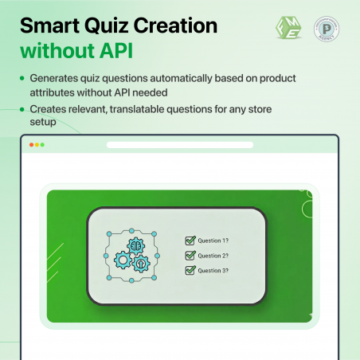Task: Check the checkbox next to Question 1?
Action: coord(190,241)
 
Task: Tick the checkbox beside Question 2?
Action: coord(190,256)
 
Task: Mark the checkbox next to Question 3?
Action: coord(190,271)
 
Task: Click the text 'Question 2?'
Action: coord(213,256)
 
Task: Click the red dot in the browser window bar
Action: coord(31,145)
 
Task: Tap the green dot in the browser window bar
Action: coord(42,145)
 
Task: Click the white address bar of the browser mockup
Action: coord(179,145)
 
